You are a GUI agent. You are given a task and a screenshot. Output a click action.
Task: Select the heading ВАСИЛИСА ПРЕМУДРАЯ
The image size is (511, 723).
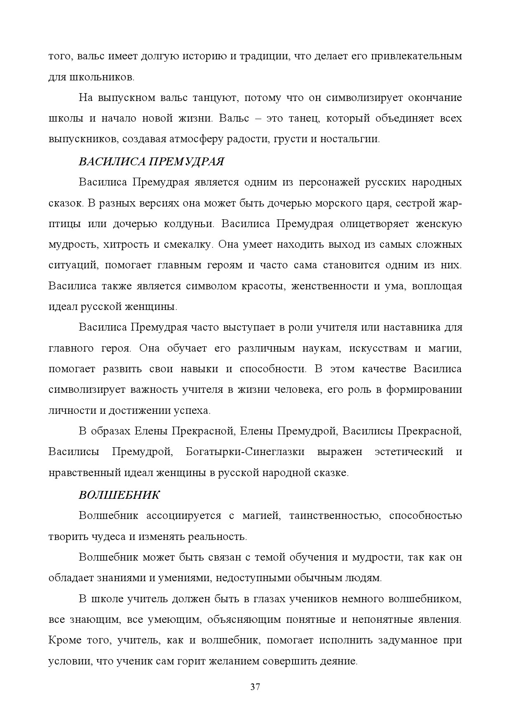point(151,162)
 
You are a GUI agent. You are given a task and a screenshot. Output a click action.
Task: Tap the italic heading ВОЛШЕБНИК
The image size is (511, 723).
point(119,495)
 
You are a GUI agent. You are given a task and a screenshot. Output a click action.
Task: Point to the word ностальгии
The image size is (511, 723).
point(354,139)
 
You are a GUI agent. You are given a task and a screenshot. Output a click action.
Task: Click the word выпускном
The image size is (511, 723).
point(130,98)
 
